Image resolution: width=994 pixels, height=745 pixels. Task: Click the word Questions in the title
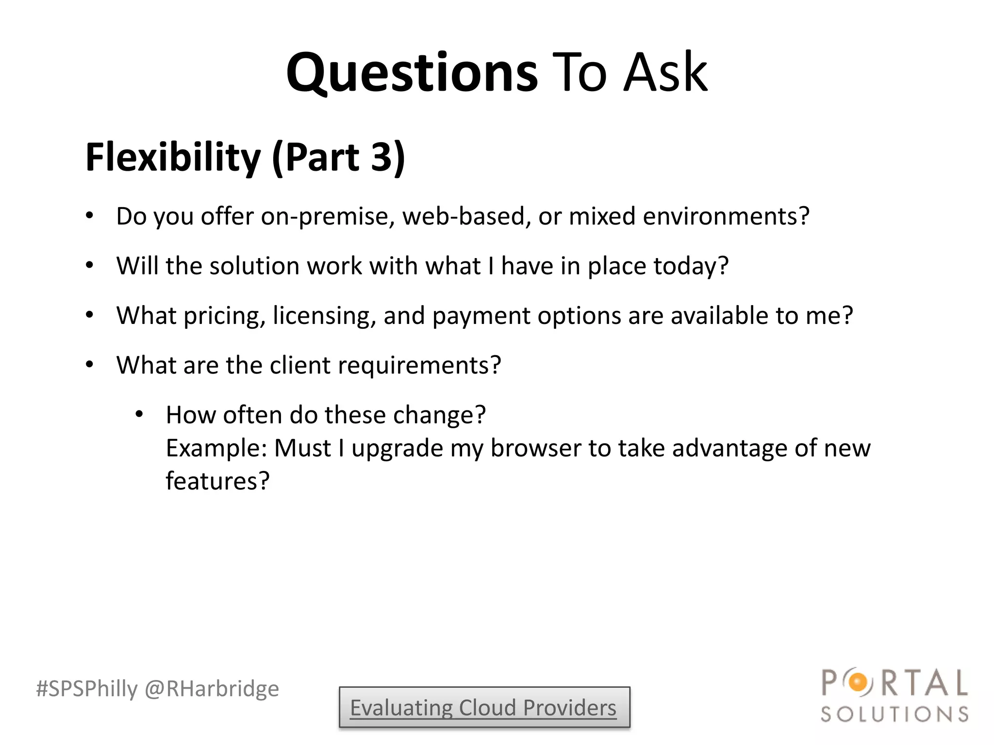pos(412,73)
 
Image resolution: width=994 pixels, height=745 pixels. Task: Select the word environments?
pos(726,216)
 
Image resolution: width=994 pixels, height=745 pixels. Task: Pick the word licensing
pos(324,316)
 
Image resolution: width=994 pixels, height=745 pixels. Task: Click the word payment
pos(481,316)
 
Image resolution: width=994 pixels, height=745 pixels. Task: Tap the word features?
pos(217,481)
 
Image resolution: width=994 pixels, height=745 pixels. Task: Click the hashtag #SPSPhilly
pos(87,689)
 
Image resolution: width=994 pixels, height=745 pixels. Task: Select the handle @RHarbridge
pos(212,689)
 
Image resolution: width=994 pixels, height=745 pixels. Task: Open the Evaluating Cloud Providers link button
pos(484,708)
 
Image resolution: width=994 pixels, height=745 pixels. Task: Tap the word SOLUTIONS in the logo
pos(895,714)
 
